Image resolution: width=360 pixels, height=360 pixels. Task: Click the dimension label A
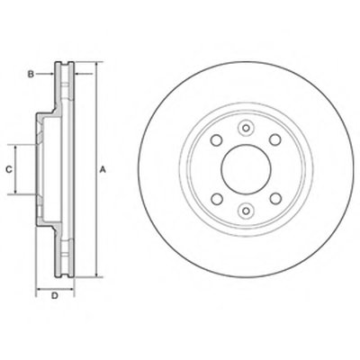click(x=103, y=170)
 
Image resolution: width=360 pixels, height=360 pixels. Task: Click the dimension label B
click(x=31, y=74)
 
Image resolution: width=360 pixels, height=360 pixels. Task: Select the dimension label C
click(x=9, y=169)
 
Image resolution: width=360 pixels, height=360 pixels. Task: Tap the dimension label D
click(x=54, y=296)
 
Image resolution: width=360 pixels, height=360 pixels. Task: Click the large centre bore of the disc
click(x=246, y=169)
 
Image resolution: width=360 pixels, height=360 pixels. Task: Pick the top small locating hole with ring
click(x=246, y=129)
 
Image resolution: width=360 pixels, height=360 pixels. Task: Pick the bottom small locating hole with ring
click(x=246, y=211)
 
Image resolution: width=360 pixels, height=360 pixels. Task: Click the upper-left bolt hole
click(x=216, y=140)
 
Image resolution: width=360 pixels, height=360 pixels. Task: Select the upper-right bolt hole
click(x=275, y=140)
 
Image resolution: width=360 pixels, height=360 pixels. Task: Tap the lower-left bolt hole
click(x=216, y=199)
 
